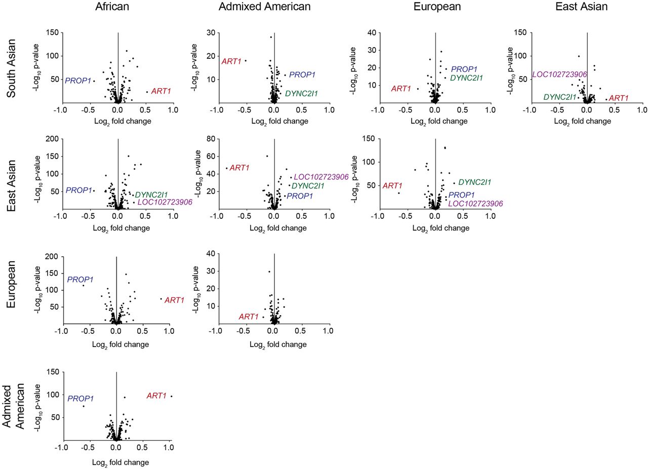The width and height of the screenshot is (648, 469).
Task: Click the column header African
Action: point(116,7)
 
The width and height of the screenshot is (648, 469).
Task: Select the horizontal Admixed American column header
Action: point(265,7)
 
